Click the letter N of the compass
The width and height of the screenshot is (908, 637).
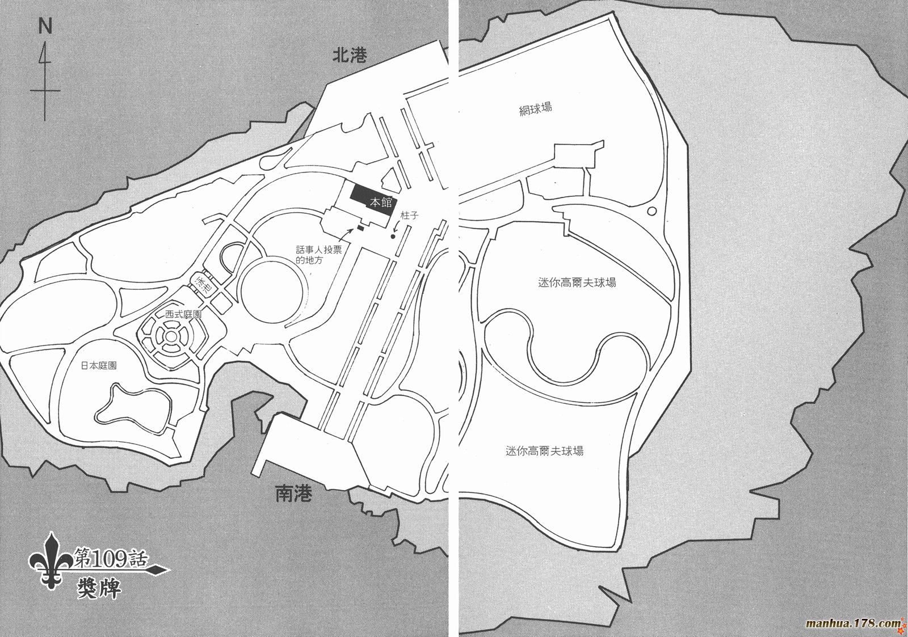45,26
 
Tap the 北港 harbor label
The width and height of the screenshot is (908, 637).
350,56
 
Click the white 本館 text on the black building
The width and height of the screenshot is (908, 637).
381,202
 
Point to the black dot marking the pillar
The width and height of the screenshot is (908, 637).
392,237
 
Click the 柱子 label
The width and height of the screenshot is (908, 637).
409,215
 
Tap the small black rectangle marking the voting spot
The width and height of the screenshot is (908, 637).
360,229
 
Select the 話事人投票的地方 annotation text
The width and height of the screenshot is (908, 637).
318,255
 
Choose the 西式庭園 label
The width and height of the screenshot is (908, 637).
184,314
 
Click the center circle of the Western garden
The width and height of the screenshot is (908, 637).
171,347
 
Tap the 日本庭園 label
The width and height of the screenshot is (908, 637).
99,365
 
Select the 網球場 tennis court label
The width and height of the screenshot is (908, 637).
536,109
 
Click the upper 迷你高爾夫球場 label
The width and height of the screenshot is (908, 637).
577,282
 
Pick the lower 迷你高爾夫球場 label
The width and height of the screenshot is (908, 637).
544,450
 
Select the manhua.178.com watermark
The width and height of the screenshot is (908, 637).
854,623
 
